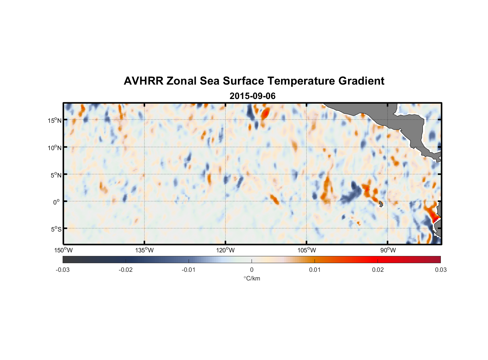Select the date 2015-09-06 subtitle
point(252,96)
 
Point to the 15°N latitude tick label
point(54,120)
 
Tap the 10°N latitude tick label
point(54,148)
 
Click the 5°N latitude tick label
point(56,175)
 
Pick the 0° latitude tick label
point(56,202)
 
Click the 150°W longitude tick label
point(63,250)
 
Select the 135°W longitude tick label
point(144,250)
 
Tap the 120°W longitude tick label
point(225,250)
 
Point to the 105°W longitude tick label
point(307,250)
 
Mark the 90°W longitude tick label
point(388,250)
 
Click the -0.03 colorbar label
point(63,270)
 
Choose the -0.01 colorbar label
point(189,270)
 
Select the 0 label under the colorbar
point(252,270)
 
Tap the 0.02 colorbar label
point(378,270)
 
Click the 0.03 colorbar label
point(440,270)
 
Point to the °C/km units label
point(252,278)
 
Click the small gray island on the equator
point(381,204)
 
